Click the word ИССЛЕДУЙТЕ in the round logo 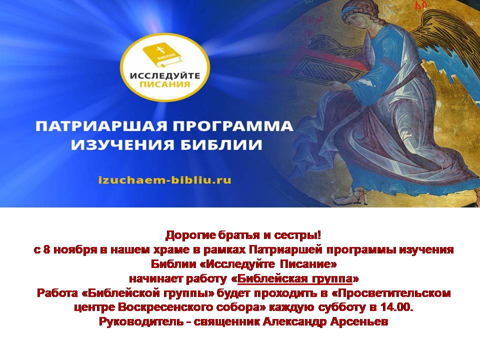click(165, 75)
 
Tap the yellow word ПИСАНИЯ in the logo click(164, 84)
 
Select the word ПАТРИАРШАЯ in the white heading click(101, 126)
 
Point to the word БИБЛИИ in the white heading click(221, 144)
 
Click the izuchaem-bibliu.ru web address click(164, 179)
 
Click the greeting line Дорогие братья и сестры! click(243, 235)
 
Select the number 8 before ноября click(46, 250)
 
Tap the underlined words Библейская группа click(295, 279)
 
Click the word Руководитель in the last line click(141, 321)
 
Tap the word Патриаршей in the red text click(285, 250)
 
